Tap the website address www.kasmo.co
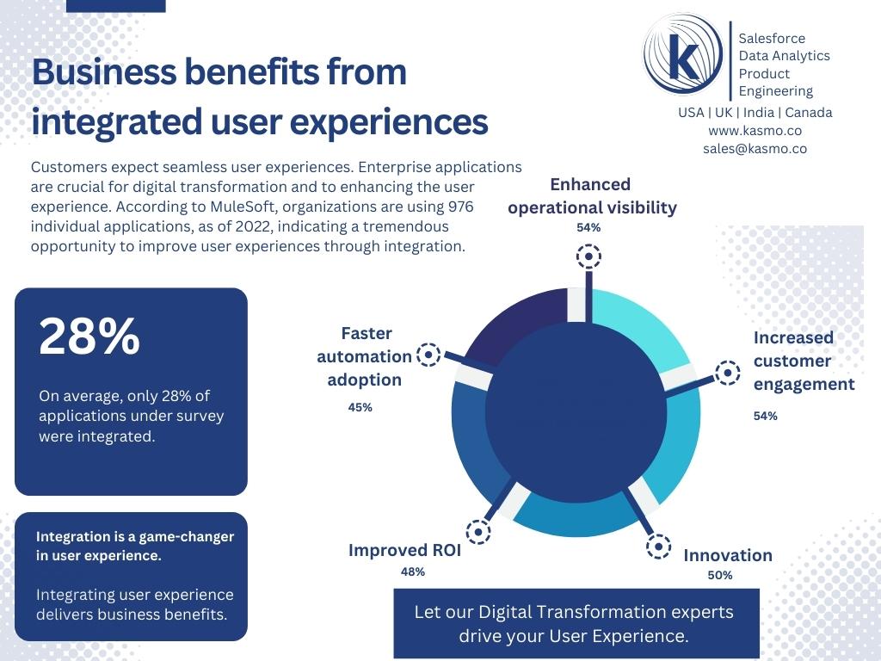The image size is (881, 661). pos(755,130)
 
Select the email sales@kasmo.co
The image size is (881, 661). pos(755,148)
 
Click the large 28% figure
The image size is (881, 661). pos(89,337)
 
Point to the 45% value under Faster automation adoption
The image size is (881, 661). pos(360,407)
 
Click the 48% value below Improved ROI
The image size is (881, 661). pos(412,571)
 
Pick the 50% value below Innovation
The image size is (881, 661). pos(719,575)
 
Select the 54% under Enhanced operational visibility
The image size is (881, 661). pos(588,227)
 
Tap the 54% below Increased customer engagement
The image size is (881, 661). pos(765,416)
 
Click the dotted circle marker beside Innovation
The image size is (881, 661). pos(658,546)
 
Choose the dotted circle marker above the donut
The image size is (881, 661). pos(588,256)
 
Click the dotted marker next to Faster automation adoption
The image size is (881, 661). pos(428,354)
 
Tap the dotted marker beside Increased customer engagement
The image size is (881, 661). pos(727,373)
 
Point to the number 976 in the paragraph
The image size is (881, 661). pos(460,207)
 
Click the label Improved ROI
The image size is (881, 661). pos(404,550)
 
